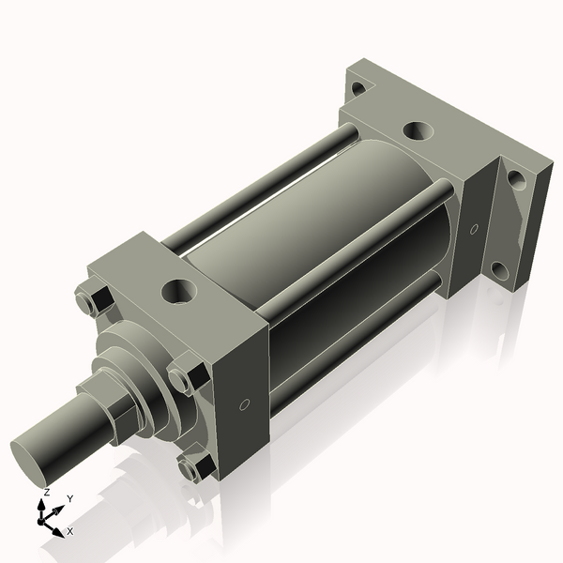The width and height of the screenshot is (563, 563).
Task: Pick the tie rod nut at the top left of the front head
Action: (x=87, y=302)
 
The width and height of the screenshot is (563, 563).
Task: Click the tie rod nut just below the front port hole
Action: (x=183, y=378)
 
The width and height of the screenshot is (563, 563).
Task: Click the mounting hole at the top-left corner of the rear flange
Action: (x=357, y=89)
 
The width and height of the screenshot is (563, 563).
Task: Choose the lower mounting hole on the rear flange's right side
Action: (x=500, y=270)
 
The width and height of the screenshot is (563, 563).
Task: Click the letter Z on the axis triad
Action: (x=47, y=492)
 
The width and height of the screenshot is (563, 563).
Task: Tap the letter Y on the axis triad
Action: (x=70, y=498)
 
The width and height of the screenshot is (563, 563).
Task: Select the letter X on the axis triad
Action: (x=70, y=531)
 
